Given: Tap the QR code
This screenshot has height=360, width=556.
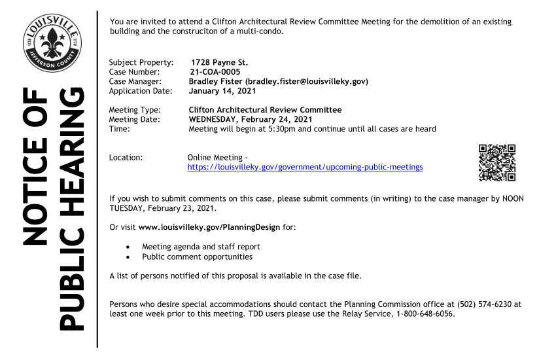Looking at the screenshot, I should click(x=497, y=162).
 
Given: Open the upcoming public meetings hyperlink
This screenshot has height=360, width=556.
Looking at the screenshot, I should click(x=305, y=168).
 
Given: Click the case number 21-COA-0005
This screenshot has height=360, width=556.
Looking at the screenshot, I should click(x=215, y=72).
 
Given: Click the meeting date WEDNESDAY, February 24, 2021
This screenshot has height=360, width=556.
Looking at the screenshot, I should click(x=250, y=120).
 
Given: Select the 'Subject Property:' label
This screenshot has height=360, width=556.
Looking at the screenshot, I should click(x=141, y=62).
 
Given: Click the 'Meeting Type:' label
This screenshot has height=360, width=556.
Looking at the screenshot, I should click(x=135, y=110).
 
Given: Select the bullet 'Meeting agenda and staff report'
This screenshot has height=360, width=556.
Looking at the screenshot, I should click(x=201, y=247).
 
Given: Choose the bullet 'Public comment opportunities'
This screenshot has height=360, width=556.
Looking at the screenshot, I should click(x=197, y=257).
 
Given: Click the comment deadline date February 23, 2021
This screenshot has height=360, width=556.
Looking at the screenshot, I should click(x=177, y=208).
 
